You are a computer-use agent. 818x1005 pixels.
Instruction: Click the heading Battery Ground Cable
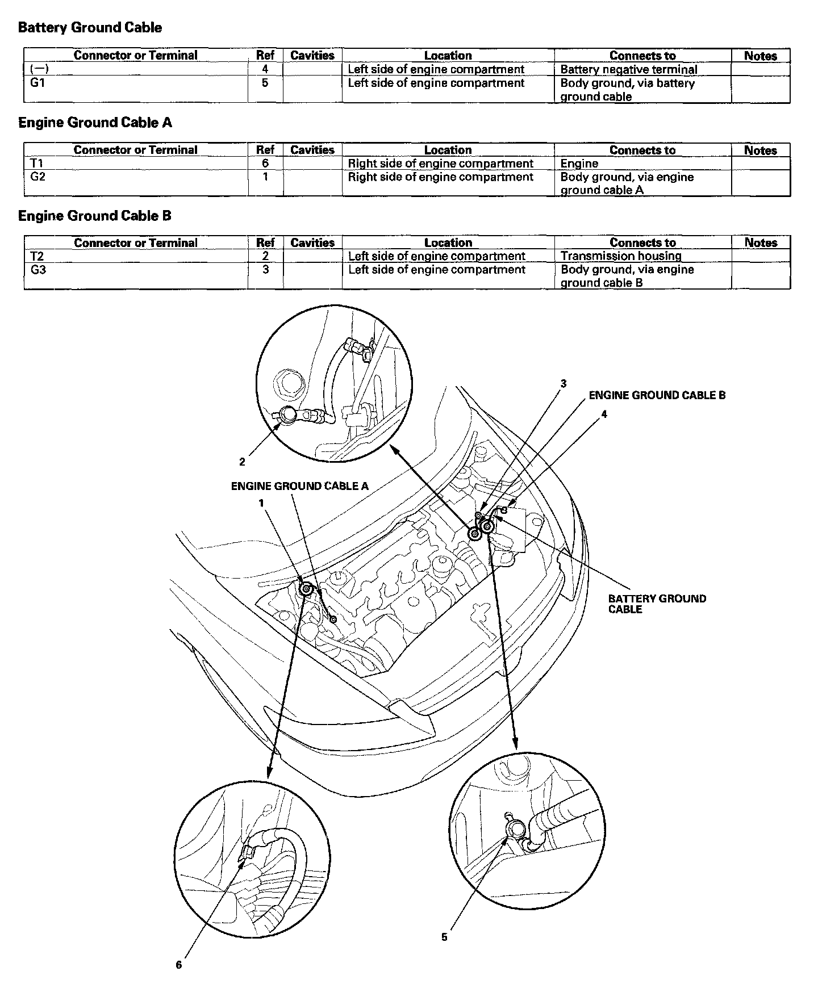tap(90, 28)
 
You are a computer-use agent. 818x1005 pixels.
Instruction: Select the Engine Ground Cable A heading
tap(95, 123)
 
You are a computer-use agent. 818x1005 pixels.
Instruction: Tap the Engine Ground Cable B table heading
tap(95, 216)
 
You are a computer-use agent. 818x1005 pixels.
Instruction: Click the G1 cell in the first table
tap(37, 83)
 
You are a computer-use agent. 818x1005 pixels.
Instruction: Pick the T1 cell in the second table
tap(36, 164)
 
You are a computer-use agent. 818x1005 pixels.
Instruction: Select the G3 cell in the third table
tap(38, 270)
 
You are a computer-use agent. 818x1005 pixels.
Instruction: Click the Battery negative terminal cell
tap(628, 70)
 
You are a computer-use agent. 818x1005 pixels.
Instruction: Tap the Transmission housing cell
tap(620, 256)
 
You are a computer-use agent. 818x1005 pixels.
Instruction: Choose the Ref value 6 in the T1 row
tap(265, 164)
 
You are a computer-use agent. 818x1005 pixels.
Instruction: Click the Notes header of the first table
tap(760, 56)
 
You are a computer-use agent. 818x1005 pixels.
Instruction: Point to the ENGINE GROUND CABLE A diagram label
tap(299, 486)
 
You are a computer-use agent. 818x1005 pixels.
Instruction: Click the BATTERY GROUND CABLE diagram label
tap(657, 604)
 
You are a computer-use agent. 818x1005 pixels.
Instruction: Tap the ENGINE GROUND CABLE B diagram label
tap(657, 395)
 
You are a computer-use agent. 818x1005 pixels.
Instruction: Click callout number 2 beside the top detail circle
tap(242, 462)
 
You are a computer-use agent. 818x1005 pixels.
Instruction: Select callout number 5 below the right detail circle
tap(444, 937)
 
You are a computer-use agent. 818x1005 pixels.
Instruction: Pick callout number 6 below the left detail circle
tap(179, 965)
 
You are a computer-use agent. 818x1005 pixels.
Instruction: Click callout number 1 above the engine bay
tap(261, 503)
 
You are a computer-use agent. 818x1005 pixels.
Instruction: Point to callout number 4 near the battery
tap(604, 414)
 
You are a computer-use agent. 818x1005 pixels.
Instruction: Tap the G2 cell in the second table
tap(37, 177)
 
